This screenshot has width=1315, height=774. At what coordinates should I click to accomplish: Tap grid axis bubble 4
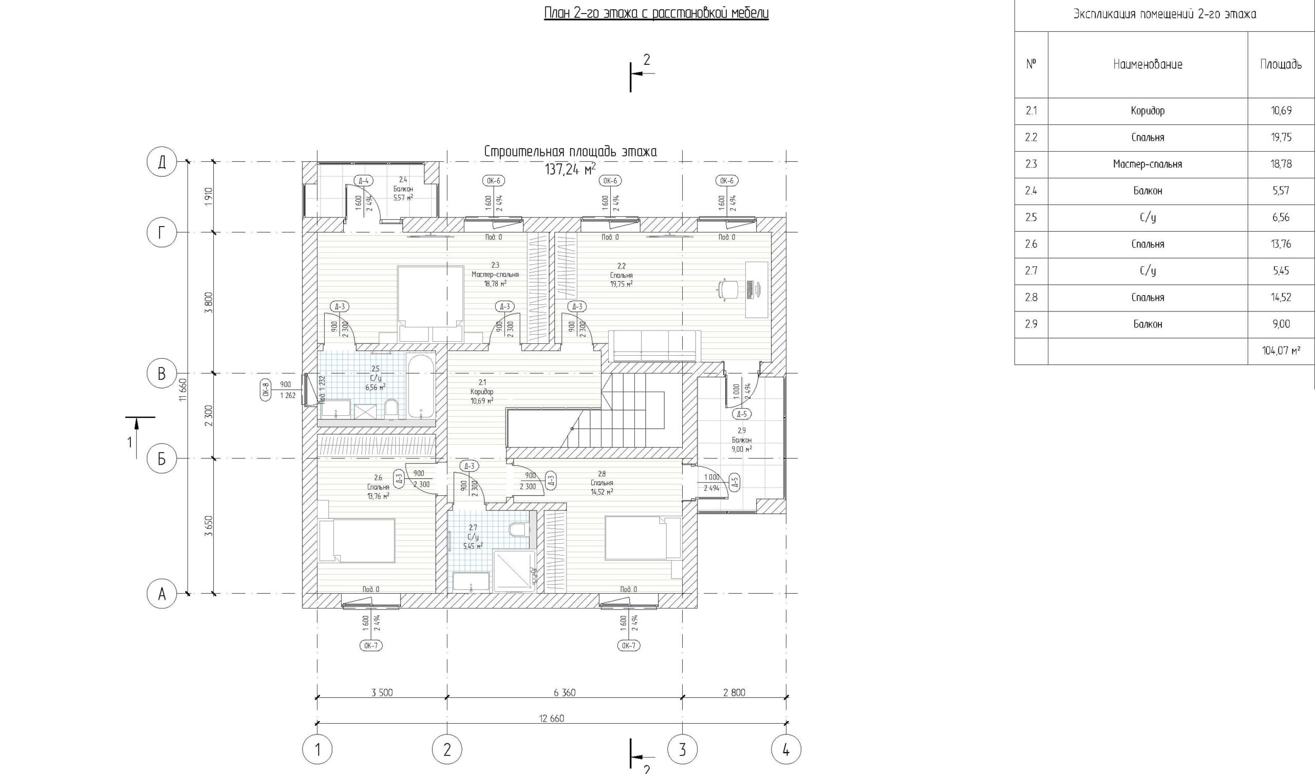pos(786,750)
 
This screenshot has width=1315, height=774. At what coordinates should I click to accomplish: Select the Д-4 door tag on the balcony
pos(364,181)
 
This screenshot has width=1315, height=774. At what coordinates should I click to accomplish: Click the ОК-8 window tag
pos(266,391)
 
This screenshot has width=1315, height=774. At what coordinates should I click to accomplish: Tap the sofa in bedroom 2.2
pos(655,345)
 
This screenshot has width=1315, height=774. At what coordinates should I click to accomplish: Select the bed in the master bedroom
pos(430,303)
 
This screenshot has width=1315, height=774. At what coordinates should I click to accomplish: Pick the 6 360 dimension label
pos(565,692)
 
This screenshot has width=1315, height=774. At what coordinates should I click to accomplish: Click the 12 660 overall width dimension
pos(552,718)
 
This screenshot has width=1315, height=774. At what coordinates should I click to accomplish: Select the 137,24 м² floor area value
pos(570,170)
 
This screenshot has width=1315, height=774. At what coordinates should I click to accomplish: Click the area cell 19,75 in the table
pos(1281,137)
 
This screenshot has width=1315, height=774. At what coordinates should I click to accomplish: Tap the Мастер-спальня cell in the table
pos(1148,164)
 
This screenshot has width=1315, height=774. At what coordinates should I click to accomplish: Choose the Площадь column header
pos(1281,64)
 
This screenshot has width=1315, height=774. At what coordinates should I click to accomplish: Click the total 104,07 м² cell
pos(1281,351)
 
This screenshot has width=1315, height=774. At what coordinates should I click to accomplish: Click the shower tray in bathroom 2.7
pos(514,570)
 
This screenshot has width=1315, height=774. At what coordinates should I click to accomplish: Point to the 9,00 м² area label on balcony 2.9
pos(742,449)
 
